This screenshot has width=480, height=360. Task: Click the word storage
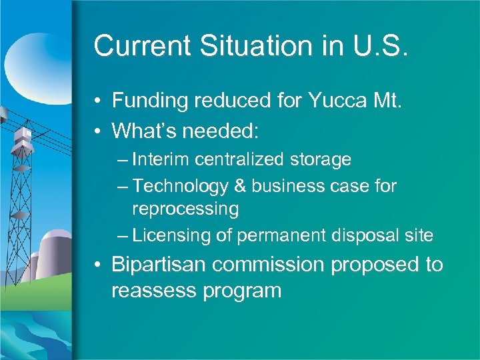click(321, 160)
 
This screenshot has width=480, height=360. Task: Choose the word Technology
click(179, 186)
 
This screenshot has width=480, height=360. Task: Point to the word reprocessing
click(185, 209)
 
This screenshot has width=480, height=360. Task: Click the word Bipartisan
click(161, 265)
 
